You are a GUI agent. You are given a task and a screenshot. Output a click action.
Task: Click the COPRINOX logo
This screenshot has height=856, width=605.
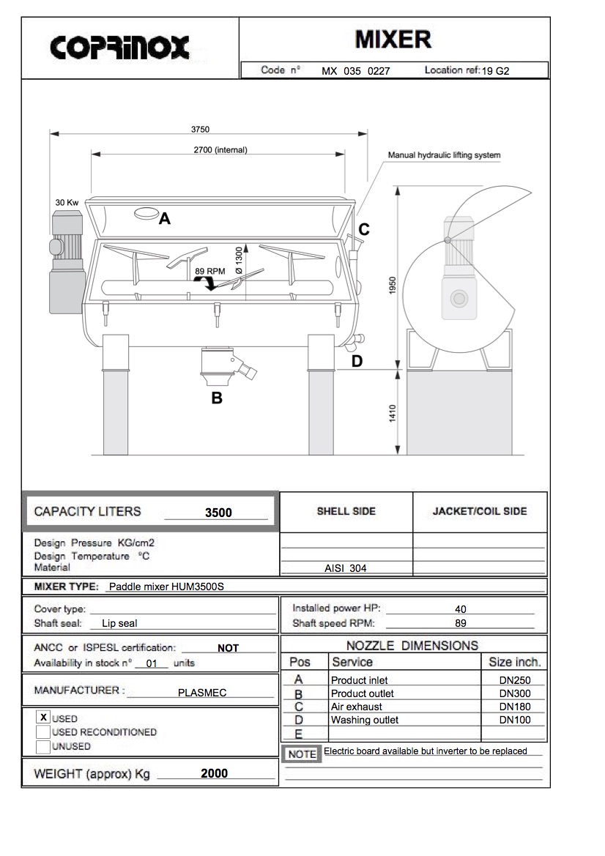[x=120, y=48]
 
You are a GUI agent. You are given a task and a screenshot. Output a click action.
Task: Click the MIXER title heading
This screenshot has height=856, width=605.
[x=393, y=39]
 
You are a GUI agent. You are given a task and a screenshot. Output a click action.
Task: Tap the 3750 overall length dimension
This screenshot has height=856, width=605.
[x=200, y=129]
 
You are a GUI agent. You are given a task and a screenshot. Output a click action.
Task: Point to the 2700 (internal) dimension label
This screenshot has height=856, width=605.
[x=220, y=150]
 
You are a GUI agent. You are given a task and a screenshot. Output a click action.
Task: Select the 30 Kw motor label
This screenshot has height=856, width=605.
[x=67, y=202]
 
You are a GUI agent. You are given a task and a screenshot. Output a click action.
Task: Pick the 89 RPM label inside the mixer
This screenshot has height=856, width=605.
[x=210, y=271]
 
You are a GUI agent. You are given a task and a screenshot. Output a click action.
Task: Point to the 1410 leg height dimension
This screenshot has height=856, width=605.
[x=393, y=413]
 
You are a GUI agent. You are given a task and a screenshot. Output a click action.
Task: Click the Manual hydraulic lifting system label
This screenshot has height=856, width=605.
[x=444, y=155]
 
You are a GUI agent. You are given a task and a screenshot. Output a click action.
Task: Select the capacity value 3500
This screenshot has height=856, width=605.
[x=218, y=513]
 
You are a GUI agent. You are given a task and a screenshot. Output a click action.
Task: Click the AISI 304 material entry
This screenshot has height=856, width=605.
[x=346, y=567]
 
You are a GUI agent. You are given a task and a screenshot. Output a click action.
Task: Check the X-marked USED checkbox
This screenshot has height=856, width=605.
[x=43, y=718]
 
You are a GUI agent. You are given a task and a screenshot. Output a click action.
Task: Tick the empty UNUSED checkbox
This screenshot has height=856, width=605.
[x=43, y=747]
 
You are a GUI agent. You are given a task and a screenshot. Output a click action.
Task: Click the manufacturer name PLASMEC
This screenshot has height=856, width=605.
[x=202, y=692]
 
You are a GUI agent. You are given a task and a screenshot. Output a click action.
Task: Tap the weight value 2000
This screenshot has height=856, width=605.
[x=214, y=773]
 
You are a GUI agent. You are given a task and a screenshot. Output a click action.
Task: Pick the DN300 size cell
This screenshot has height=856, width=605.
[x=515, y=693]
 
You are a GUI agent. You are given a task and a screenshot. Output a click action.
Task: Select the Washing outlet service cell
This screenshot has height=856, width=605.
[x=365, y=720]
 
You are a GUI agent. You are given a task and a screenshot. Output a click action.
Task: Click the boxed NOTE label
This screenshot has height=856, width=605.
[x=302, y=754]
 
